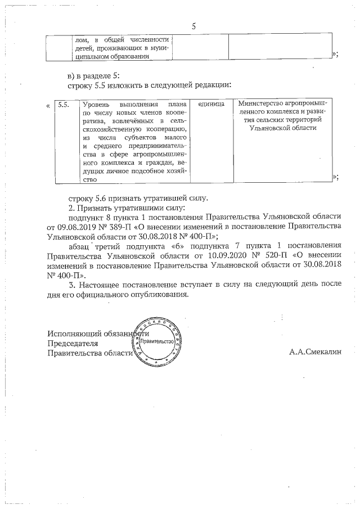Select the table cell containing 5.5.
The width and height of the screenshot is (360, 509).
click(64, 105)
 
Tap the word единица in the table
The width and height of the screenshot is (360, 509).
click(211, 105)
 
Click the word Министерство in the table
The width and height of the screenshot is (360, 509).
click(262, 104)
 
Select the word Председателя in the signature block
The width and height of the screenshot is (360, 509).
click(73, 343)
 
